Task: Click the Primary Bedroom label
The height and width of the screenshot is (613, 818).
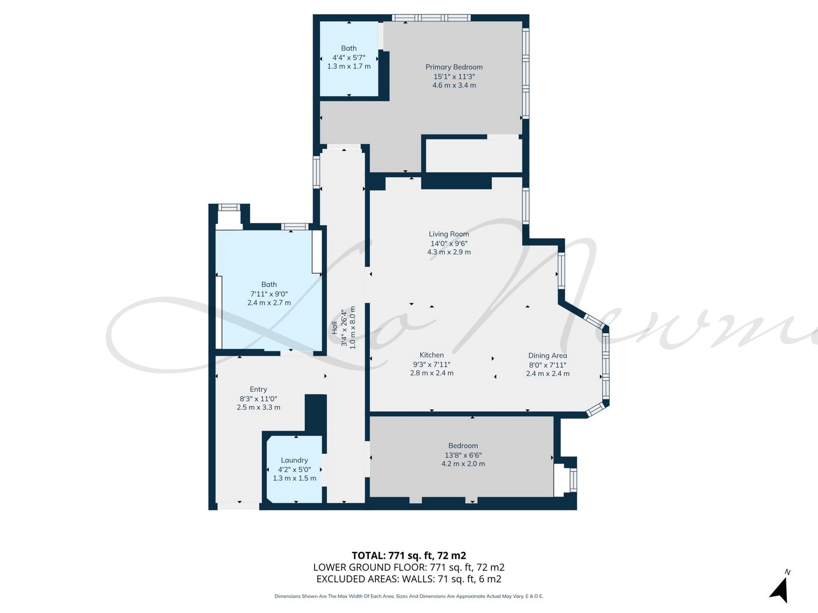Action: point(454,67)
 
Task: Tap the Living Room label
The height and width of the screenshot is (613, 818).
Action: point(449,234)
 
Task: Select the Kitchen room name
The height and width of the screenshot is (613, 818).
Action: point(431,355)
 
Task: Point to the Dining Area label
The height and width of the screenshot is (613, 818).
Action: point(548,356)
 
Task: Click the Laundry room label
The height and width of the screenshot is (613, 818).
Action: point(294,460)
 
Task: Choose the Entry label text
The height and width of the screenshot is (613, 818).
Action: point(258,389)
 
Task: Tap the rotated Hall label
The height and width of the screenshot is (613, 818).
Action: point(335,327)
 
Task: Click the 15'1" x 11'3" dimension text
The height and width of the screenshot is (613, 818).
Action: point(454,77)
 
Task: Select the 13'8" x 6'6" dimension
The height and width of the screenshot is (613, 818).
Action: point(463,455)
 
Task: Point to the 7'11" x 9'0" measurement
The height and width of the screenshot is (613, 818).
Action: point(269,294)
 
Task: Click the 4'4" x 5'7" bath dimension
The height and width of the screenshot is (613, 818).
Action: point(349,58)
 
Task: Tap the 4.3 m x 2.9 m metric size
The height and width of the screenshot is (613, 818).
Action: point(449,252)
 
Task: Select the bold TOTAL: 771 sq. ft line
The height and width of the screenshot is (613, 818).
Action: point(409,556)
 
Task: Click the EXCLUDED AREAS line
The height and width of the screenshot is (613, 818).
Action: point(409,579)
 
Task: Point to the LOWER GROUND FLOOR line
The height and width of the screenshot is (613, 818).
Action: point(409,567)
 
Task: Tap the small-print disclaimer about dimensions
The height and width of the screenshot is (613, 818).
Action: point(409,596)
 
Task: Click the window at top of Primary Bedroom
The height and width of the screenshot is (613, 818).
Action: point(431,17)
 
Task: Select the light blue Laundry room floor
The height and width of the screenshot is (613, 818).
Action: point(294,470)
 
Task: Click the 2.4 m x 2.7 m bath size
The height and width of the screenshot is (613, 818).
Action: point(269,302)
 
